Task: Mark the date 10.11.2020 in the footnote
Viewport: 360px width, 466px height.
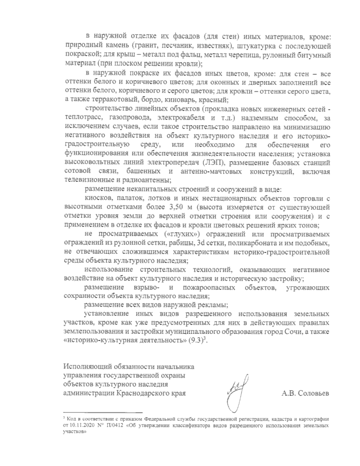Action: pyautogui.click(x=81, y=425)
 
